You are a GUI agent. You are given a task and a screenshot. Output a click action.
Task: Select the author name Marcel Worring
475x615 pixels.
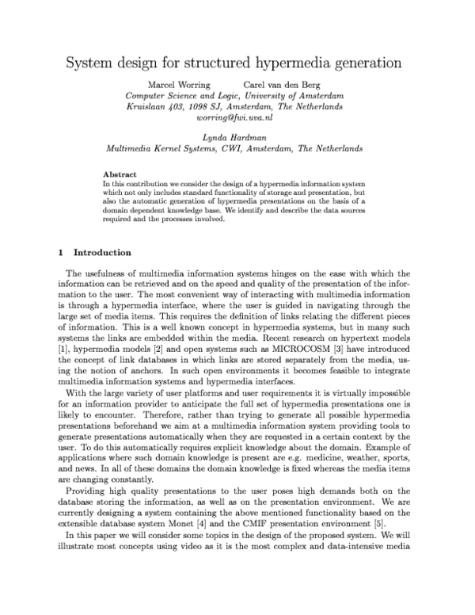pyautogui.click(x=177, y=84)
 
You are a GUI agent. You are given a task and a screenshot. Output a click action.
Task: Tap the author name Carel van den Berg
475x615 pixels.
pyautogui.click(x=283, y=84)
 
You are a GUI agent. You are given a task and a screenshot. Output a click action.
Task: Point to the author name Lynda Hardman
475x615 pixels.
pyautogui.click(x=234, y=137)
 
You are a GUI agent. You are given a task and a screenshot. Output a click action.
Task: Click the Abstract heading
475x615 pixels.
pyautogui.click(x=120, y=174)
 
